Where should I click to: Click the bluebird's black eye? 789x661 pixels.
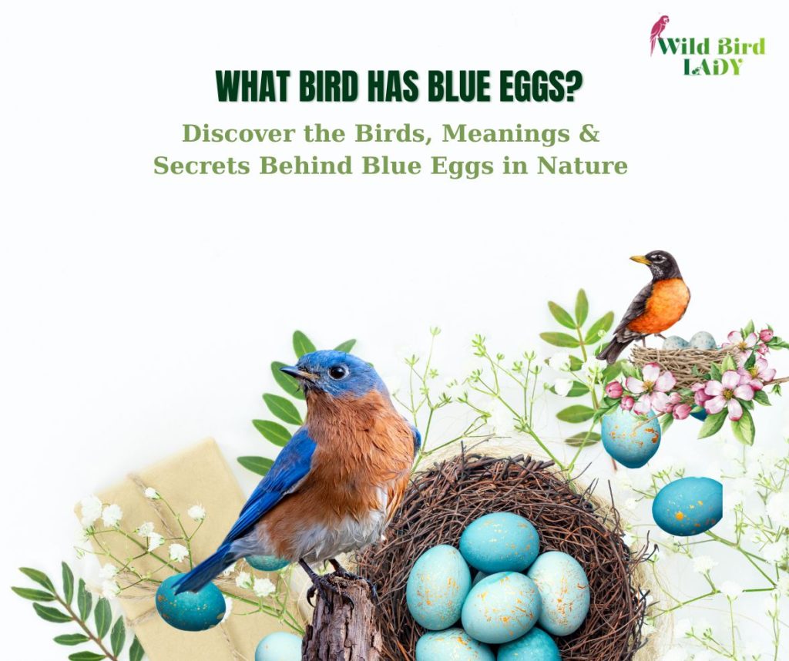tap(337, 372)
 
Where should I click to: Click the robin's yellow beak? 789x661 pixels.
tap(640, 260)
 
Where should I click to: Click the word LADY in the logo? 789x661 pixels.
tap(713, 67)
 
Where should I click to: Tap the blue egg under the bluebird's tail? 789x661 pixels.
tap(190, 601)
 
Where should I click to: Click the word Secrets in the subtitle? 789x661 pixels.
tap(201, 166)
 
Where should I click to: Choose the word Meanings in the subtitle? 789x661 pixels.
tap(505, 134)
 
